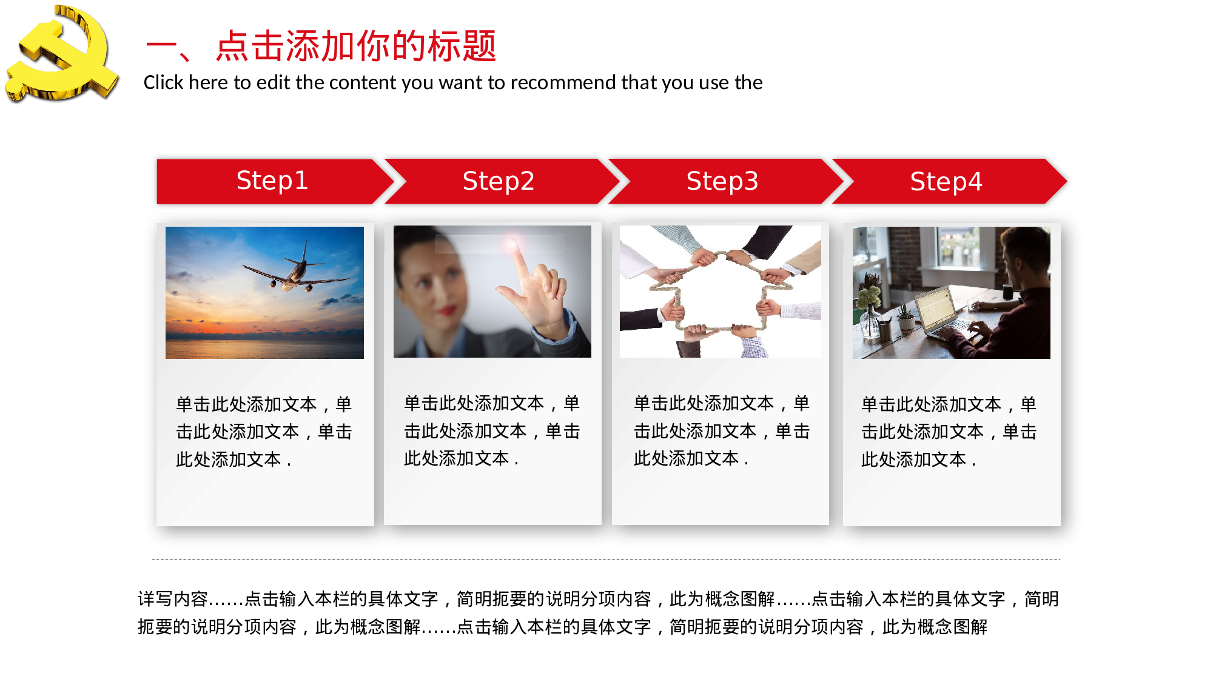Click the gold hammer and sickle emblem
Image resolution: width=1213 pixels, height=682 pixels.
click(61, 55)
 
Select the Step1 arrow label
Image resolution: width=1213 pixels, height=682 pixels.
click(272, 181)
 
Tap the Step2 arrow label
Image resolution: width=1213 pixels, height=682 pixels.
click(498, 181)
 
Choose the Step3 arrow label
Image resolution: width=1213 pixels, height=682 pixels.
click(722, 181)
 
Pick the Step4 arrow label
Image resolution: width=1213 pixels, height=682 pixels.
click(946, 181)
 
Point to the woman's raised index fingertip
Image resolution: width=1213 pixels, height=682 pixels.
click(515, 245)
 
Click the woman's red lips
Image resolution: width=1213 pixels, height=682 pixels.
click(447, 311)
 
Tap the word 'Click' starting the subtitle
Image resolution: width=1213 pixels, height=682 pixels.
click(163, 82)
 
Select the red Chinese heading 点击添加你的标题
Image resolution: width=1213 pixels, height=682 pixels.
click(356, 46)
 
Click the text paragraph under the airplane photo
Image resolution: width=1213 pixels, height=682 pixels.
click(264, 432)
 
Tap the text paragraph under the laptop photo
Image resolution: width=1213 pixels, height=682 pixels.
click(949, 432)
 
